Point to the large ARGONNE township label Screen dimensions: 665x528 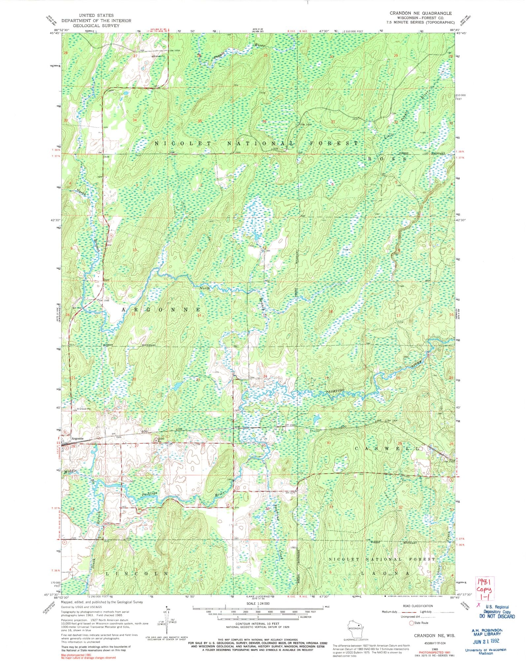pyautogui.click(x=161, y=310)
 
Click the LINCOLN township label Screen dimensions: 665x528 pyautogui.click(x=137, y=574)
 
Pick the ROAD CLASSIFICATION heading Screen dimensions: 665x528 pyautogui.click(x=418, y=606)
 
